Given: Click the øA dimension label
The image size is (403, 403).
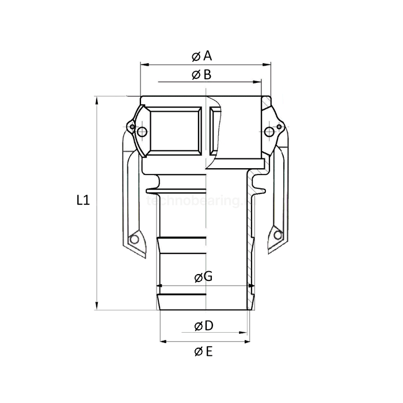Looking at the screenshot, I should [201, 56].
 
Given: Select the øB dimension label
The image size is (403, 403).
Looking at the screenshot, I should [201, 74].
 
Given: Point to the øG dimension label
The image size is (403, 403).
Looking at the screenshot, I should [203, 276].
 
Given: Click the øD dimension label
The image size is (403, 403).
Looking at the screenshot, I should [204, 326].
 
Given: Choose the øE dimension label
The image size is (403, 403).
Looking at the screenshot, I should [203, 351].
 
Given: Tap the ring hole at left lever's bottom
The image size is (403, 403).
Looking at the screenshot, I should [135, 238].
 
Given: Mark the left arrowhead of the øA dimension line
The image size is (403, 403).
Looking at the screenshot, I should [143, 64].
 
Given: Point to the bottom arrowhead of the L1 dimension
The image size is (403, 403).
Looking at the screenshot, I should [97, 307].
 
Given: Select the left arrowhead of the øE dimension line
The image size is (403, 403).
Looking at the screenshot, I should [162, 341].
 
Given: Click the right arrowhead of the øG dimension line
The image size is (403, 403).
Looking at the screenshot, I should [252, 284].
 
